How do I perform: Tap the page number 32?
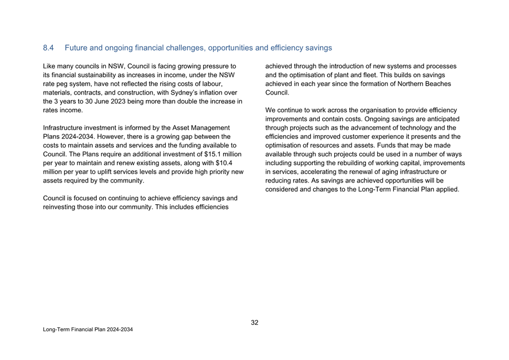click(255, 322)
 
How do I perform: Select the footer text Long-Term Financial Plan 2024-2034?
click(88, 330)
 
